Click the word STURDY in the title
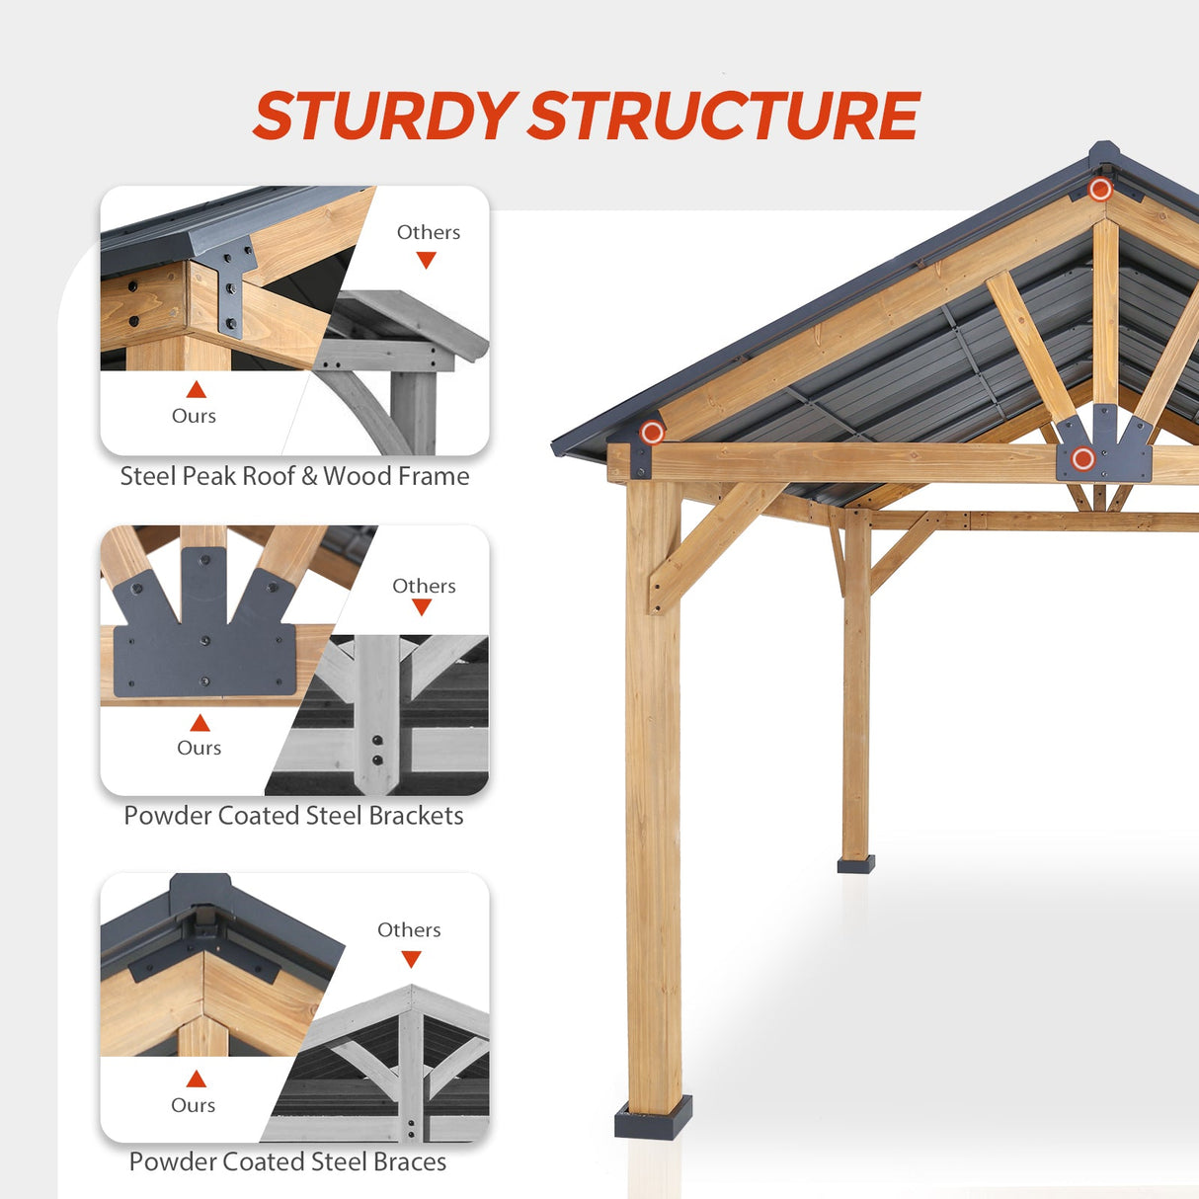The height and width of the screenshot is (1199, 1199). pyautogui.click(x=385, y=116)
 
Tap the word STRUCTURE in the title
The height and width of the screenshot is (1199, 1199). pyautogui.click(x=724, y=116)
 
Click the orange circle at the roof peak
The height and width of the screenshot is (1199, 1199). pyautogui.click(x=1100, y=189)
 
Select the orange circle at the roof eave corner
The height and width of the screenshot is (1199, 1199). pyautogui.click(x=652, y=432)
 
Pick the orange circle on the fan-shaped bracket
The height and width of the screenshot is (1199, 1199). pyautogui.click(x=1083, y=458)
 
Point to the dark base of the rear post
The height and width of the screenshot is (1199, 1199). pyautogui.click(x=856, y=864)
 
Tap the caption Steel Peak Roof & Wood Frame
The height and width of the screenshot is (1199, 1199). pyautogui.click(x=294, y=476)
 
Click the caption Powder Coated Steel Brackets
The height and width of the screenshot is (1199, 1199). pyautogui.click(x=293, y=816)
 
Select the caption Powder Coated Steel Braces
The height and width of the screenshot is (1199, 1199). pyautogui.click(x=287, y=1161)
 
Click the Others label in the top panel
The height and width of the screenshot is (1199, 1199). pyautogui.click(x=429, y=232)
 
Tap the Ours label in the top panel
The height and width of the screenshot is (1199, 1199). pyautogui.click(x=194, y=416)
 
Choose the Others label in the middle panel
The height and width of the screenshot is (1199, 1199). pyautogui.click(x=424, y=586)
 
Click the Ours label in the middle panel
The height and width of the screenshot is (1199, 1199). pyautogui.click(x=199, y=748)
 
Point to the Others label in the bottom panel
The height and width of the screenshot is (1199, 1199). pyautogui.click(x=409, y=929)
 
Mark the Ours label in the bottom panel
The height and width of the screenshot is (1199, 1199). pyautogui.click(x=193, y=1105)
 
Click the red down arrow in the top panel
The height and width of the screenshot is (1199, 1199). pyautogui.click(x=426, y=260)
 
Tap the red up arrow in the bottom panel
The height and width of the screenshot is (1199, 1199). pyautogui.click(x=197, y=1079)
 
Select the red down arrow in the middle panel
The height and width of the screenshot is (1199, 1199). pyautogui.click(x=422, y=607)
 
